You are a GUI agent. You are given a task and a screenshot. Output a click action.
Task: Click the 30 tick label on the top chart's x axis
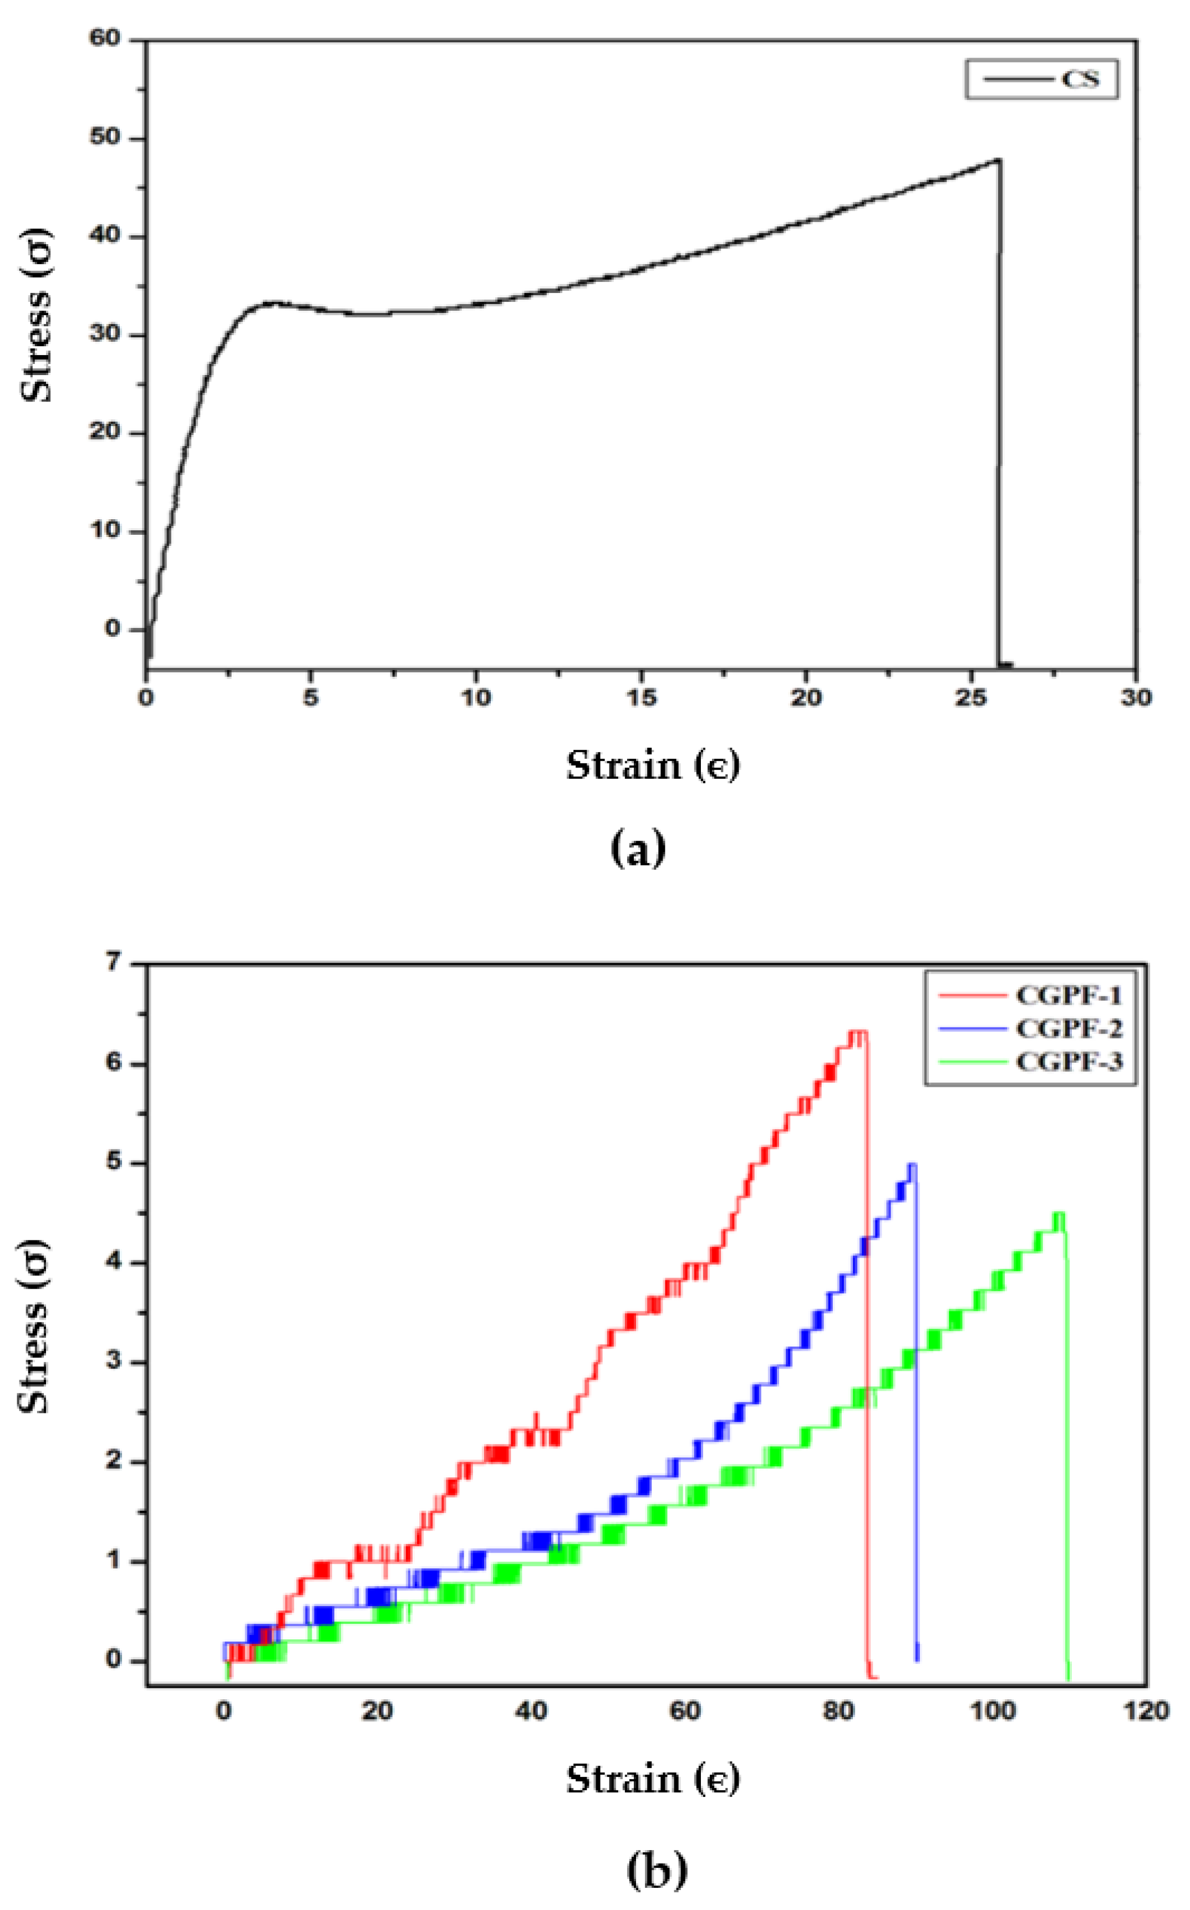click(1136, 697)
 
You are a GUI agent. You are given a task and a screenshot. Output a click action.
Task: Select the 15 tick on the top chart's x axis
click(642, 697)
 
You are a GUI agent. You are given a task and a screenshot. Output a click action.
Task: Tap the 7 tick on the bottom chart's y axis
click(114, 961)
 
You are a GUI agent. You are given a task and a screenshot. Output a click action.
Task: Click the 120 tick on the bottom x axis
click(1147, 1711)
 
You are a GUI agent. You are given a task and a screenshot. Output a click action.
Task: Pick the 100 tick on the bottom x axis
click(993, 1711)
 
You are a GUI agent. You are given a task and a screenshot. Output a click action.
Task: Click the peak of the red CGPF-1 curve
click(858, 1031)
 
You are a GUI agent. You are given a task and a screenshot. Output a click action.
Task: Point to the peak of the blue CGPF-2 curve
click(912, 1164)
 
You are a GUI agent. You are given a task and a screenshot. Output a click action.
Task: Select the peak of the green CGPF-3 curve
click(1059, 1213)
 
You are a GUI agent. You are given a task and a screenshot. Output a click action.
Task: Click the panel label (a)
click(638, 849)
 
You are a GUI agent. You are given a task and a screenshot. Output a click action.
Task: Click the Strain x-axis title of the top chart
click(653, 765)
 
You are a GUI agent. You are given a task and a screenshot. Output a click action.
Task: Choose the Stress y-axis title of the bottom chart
click(35, 1326)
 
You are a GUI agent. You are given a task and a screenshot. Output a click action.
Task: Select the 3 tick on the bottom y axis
click(114, 1362)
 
